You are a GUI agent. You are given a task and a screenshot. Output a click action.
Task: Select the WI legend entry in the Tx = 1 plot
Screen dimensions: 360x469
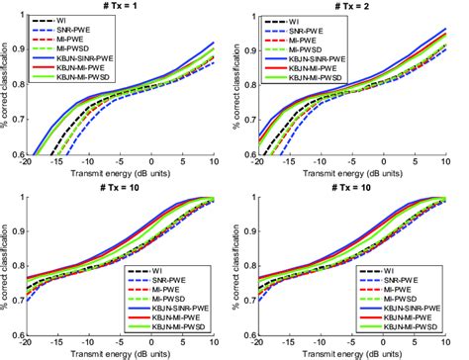(73, 20)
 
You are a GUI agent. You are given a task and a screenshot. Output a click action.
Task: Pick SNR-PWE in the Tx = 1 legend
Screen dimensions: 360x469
(82, 29)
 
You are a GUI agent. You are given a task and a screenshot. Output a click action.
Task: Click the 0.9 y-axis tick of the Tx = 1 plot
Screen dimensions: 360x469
(18, 48)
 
